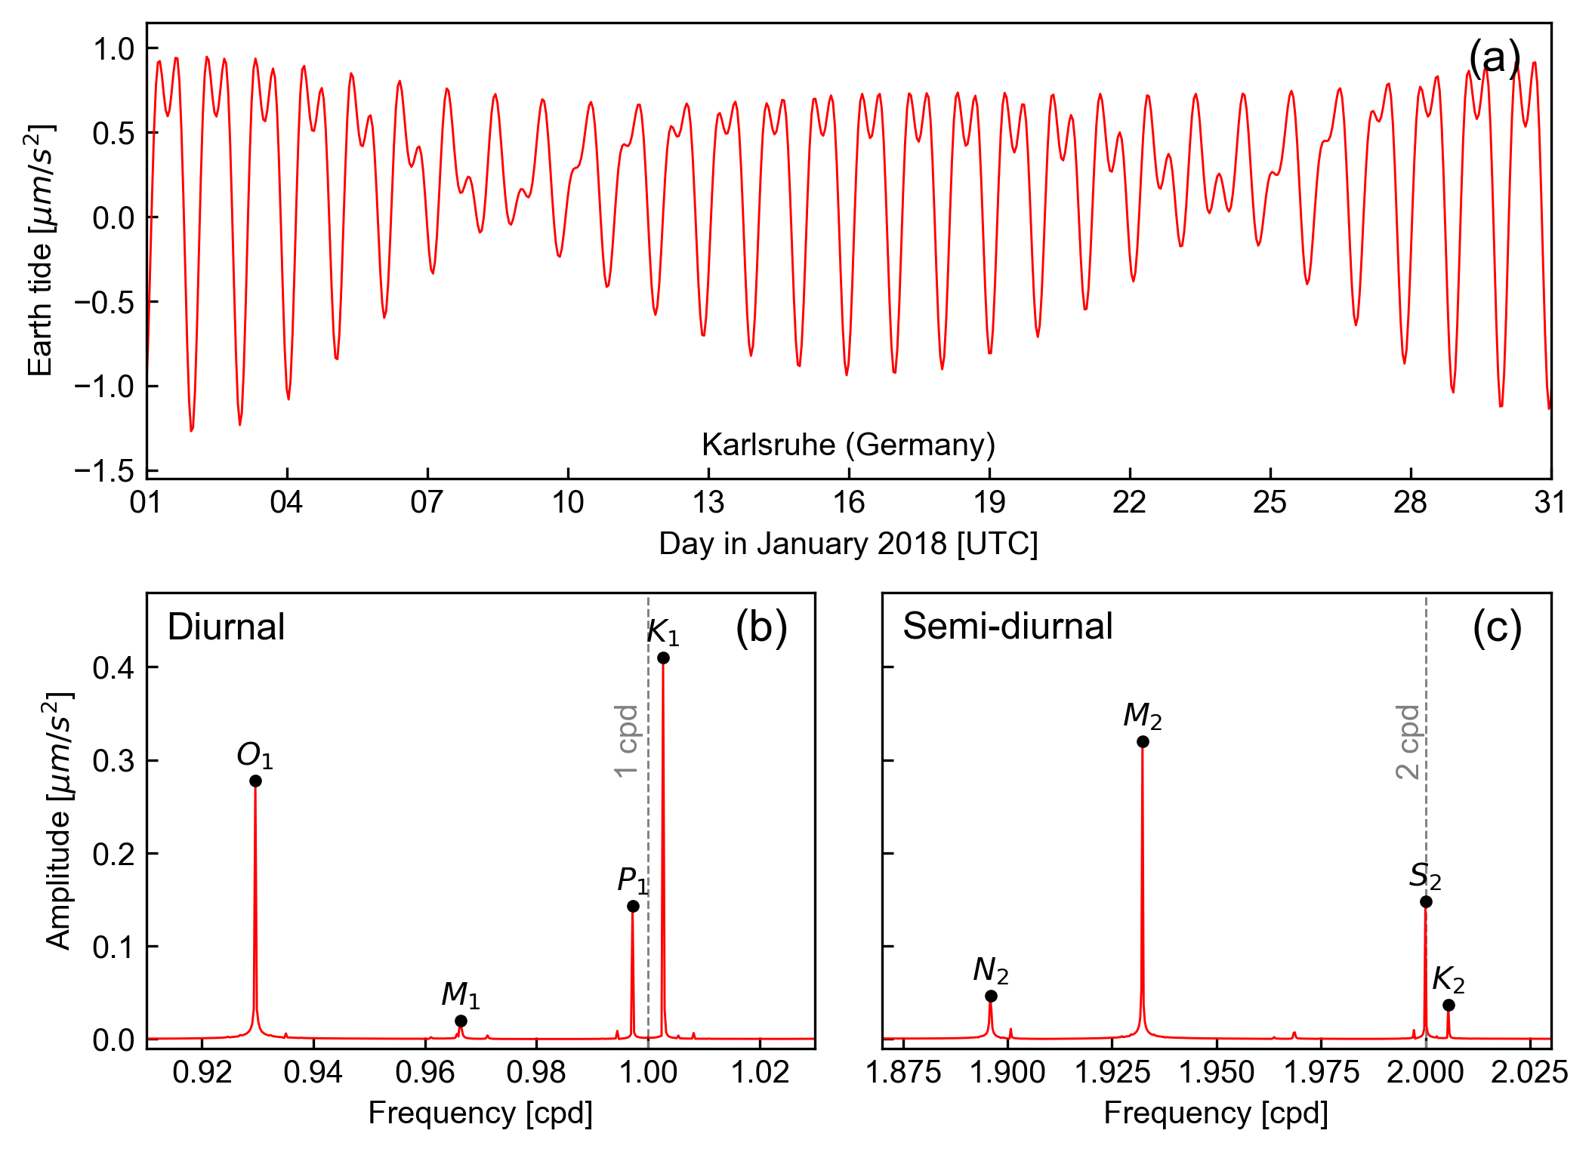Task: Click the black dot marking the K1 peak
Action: [x=663, y=658]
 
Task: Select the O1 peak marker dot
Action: [x=255, y=781]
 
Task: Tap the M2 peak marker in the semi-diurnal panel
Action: [x=1143, y=741]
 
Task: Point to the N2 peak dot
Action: [x=991, y=996]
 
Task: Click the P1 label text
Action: [x=632, y=880]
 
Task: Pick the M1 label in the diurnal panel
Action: [x=460, y=995]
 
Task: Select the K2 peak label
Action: [x=1448, y=980]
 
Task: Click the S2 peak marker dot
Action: [x=1426, y=901]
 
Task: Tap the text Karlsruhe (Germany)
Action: [x=848, y=445]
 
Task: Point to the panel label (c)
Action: [x=1497, y=627]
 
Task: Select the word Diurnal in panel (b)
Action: [x=226, y=627]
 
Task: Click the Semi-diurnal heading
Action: [x=1007, y=626]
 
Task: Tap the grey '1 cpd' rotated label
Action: [x=626, y=741]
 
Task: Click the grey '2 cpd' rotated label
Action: [x=1408, y=741]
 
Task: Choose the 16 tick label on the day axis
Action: [x=848, y=502]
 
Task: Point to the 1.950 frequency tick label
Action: [x=1216, y=1072]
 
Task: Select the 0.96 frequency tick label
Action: [x=424, y=1072]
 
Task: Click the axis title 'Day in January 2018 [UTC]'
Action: [x=848, y=544]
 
